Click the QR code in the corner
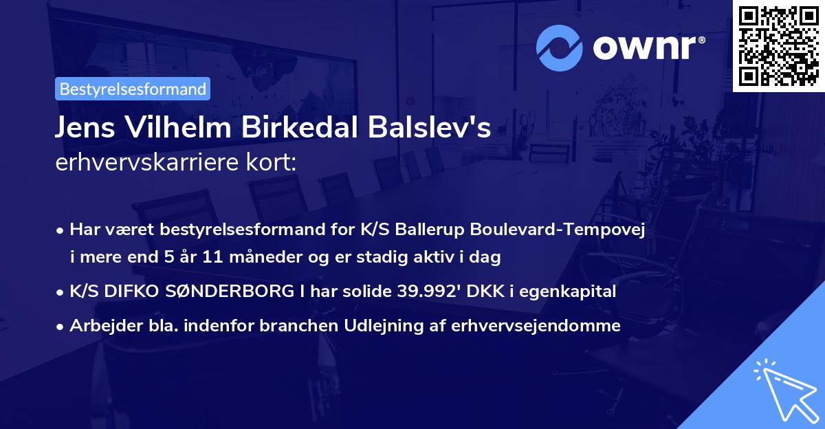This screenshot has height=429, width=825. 779,45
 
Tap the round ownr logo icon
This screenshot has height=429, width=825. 560,47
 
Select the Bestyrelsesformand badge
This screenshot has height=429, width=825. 133,89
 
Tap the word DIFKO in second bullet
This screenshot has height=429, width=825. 126,292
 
